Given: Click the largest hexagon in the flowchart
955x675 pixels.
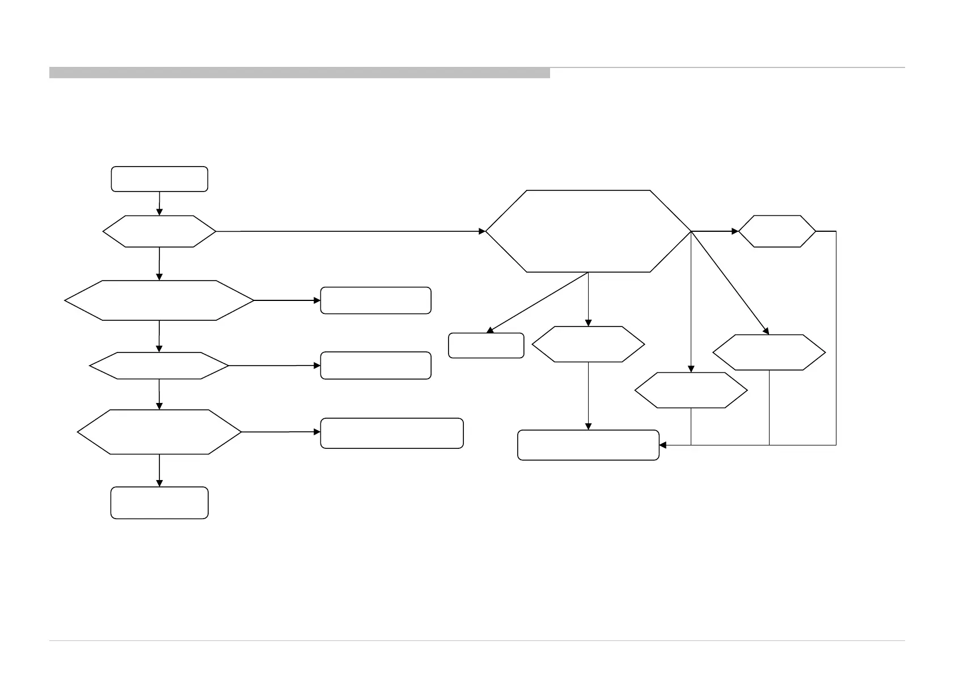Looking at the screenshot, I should [x=588, y=231].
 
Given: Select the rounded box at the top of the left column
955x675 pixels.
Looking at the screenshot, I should [x=159, y=179].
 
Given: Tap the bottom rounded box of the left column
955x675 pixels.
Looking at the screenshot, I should [x=159, y=503].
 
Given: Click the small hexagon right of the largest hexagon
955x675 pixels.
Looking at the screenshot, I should [x=777, y=231].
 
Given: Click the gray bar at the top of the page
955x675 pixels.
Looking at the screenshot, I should [x=299, y=73].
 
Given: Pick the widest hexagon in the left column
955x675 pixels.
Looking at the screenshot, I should [x=159, y=300].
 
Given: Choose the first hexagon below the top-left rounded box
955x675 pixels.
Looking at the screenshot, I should [x=159, y=231].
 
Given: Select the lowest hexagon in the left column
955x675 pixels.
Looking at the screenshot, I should [x=159, y=432].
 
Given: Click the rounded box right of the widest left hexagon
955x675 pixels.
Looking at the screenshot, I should [x=375, y=300].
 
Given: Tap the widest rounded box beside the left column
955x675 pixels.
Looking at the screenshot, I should [x=392, y=434].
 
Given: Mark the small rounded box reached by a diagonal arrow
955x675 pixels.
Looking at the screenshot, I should [x=486, y=346].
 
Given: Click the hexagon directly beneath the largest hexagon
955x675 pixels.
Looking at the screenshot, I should [x=588, y=345].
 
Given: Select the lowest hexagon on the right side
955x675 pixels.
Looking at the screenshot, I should [x=691, y=390].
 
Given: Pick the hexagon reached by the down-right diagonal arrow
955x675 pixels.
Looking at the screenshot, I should [x=769, y=353].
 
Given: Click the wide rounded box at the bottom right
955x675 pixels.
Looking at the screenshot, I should [x=588, y=445].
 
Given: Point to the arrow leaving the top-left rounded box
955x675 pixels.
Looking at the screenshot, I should [x=159, y=203].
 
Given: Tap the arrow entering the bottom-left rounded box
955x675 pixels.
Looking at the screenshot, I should [x=159, y=470].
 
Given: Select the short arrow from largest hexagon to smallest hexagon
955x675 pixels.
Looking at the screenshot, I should [x=715, y=231].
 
